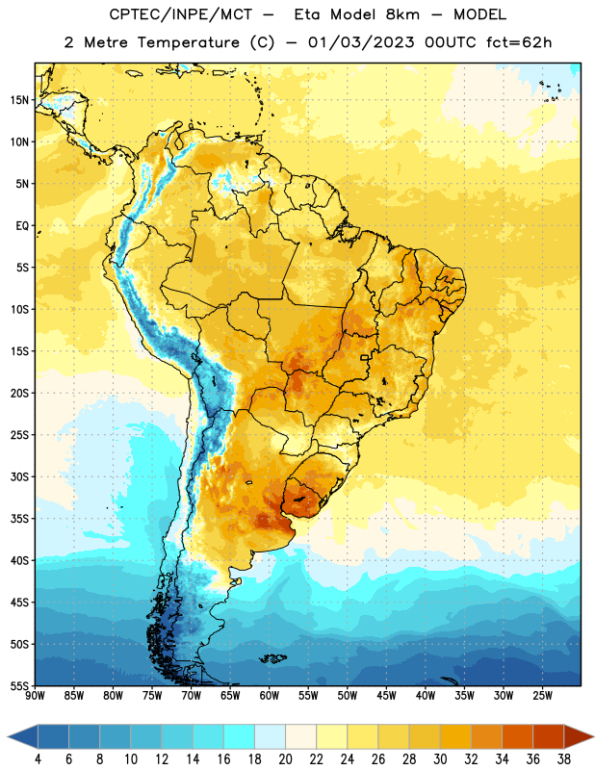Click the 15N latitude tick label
click(19, 100)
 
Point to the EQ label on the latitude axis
click(22, 226)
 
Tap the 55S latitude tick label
click(19, 686)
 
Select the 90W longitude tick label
click(35, 696)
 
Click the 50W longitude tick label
click(348, 696)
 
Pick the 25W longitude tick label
click(542, 696)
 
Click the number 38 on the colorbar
click(564, 759)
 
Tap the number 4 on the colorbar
click(38, 759)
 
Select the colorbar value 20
click(285, 759)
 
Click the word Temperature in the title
click(188, 42)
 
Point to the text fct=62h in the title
click(519, 42)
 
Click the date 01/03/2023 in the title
click(361, 42)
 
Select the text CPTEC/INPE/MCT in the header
click(181, 14)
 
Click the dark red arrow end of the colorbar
click(580, 737)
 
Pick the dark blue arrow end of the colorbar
click(22, 737)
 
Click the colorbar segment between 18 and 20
click(270, 737)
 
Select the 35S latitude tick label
click(19, 519)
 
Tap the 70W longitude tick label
click(192, 696)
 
